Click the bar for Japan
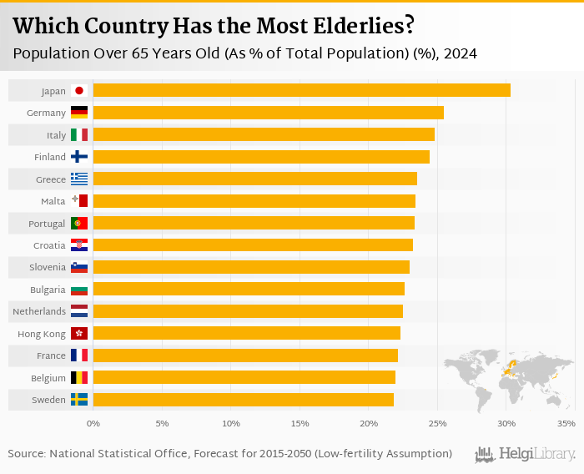tap(301, 90)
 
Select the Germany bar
tap(268, 113)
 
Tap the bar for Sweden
tap(243, 400)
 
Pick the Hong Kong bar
tap(246, 333)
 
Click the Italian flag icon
tap(79, 134)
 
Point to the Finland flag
tap(79, 156)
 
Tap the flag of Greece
tap(79, 179)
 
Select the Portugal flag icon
tap(79, 223)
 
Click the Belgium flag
tap(79, 377)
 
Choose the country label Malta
tap(53, 201)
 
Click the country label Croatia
tap(49, 245)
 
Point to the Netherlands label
tap(39, 311)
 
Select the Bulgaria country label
tap(47, 290)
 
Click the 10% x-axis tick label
tap(231, 424)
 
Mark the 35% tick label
tap(566, 424)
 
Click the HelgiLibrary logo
tap(526, 454)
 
